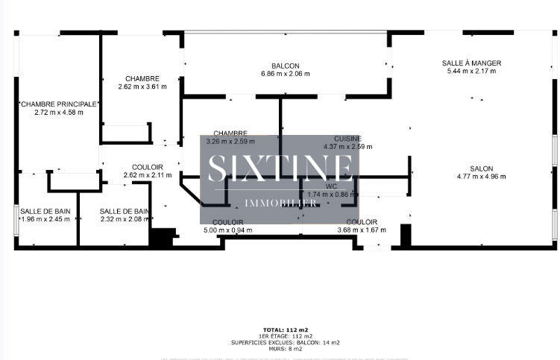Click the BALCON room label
click(x=286, y=66)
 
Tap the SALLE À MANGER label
click(x=471, y=63)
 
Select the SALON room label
click(x=481, y=168)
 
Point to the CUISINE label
click(x=347, y=139)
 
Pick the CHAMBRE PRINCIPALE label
click(x=58, y=104)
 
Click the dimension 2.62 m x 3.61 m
click(x=142, y=86)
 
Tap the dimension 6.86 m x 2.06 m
click(x=286, y=74)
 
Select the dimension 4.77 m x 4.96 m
click(x=481, y=177)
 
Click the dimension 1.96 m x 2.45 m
click(x=45, y=219)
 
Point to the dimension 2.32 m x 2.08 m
click(x=125, y=219)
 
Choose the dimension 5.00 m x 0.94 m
click(x=227, y=230)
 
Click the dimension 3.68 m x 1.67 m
click(x=362, y=230)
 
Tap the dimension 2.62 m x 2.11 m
click(x=148, y=175)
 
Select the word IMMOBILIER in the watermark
click(x=280, y=202)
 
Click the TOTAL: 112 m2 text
click(x=286, y=329)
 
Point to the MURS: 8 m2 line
click(x=286, y=349)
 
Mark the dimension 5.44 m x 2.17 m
click(x=471, y=72)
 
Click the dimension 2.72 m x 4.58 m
click(x=58, y=113)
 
